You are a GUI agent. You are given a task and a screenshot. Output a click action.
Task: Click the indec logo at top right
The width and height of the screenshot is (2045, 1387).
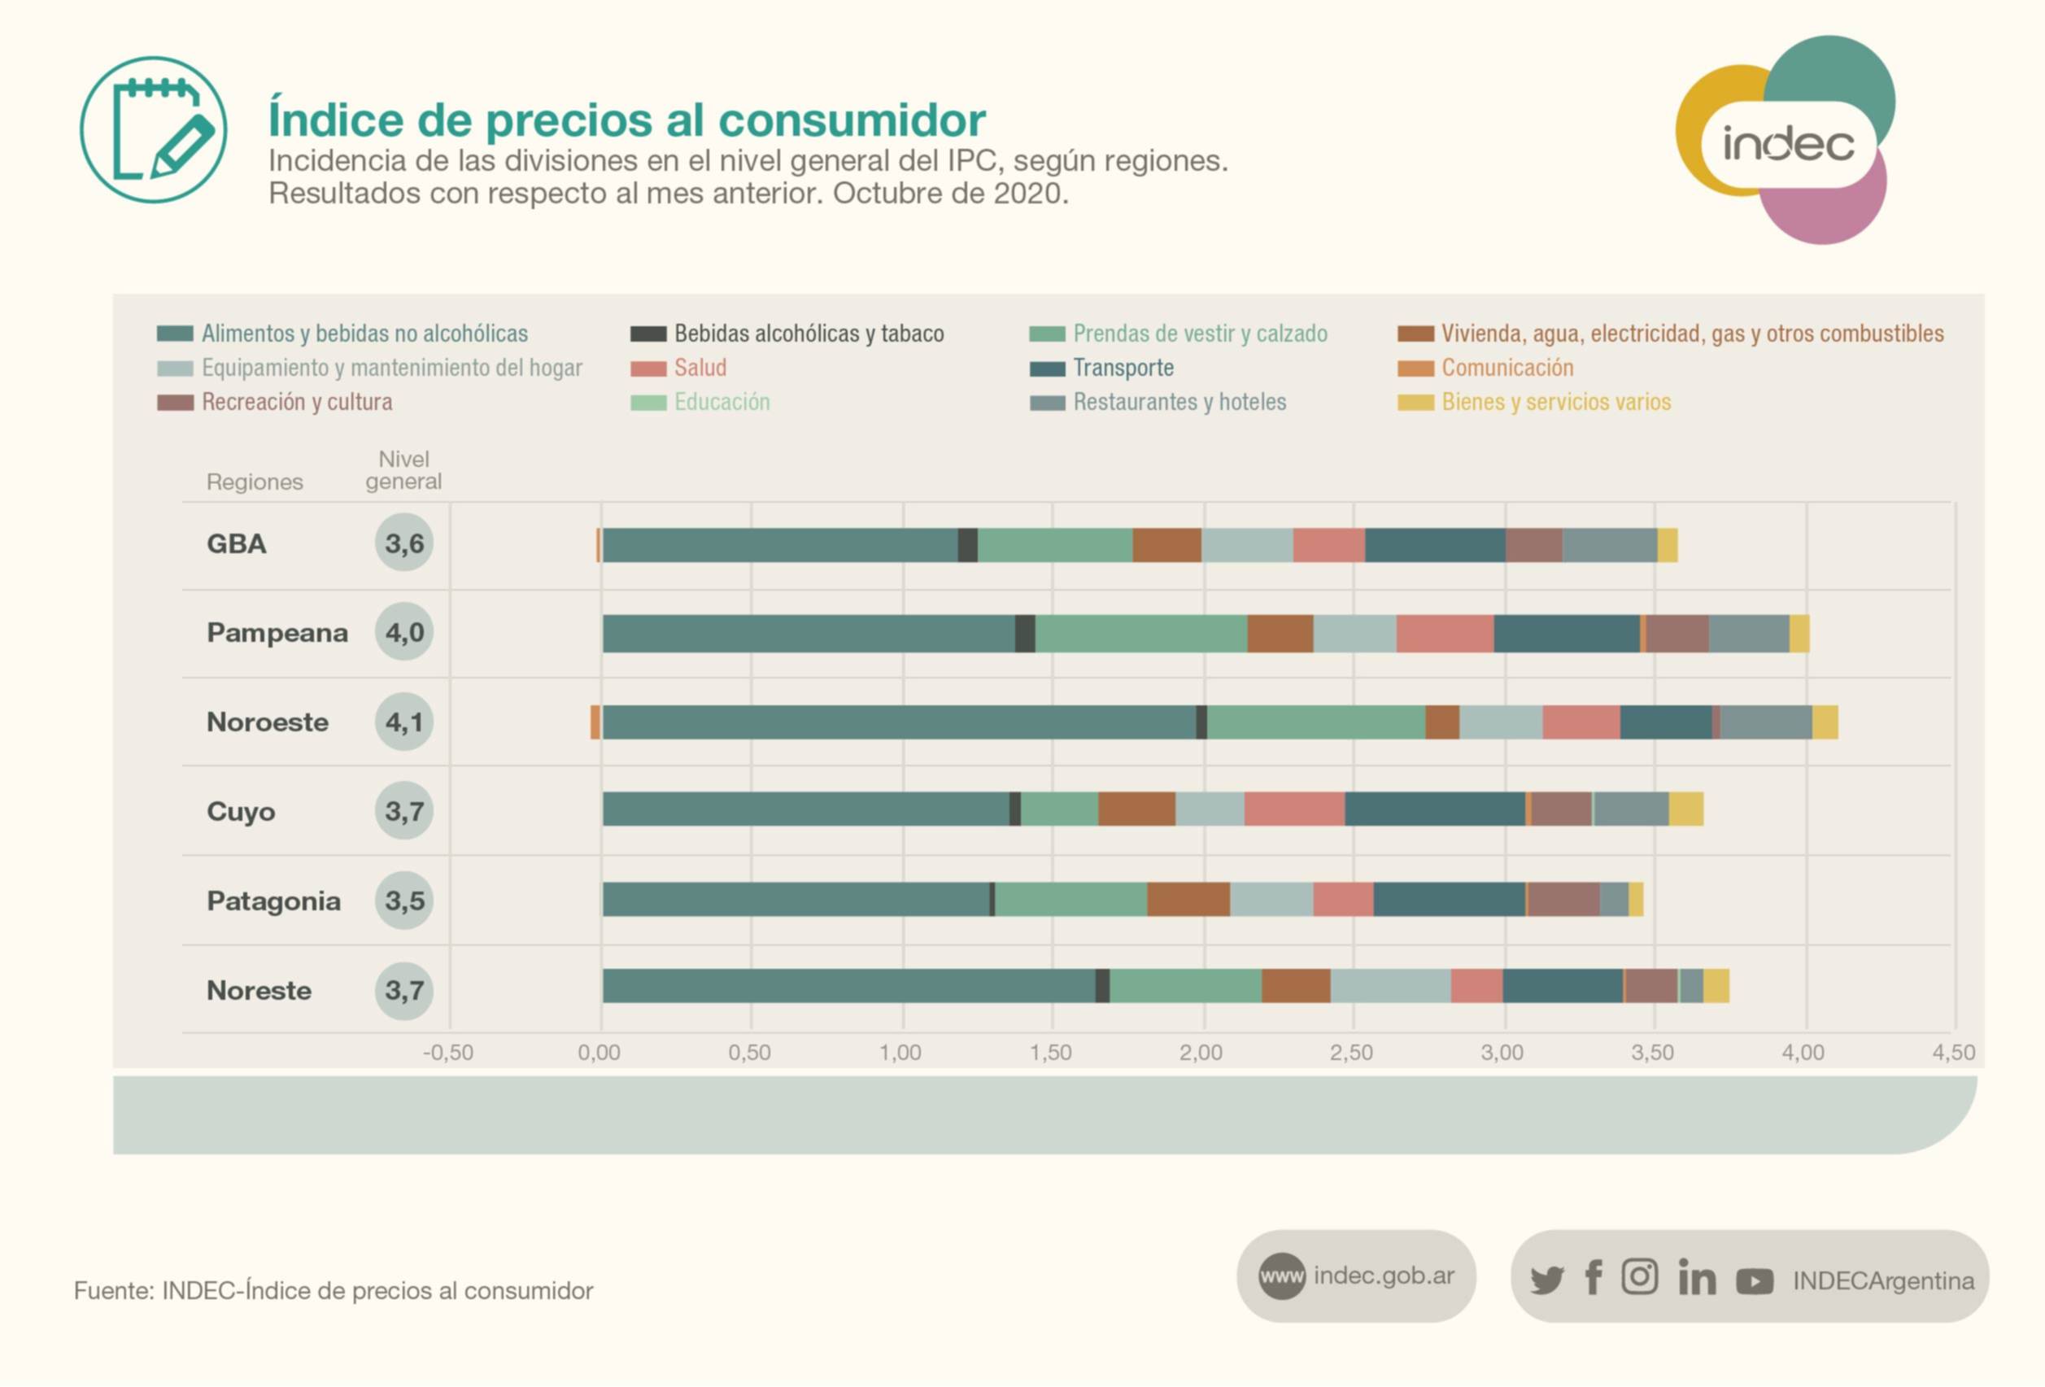[x=1786, y=141]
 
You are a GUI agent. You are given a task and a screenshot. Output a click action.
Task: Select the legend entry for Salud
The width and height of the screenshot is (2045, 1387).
[x=700, y=368]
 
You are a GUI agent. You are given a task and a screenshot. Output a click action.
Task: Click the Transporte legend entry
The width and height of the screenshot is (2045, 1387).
[x=1123, y=368]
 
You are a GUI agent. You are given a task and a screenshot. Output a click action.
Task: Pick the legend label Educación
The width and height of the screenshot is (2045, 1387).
[x=722, y=402]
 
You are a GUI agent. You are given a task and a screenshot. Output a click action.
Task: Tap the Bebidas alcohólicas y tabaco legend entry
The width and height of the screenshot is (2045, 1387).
[x=808, y=334]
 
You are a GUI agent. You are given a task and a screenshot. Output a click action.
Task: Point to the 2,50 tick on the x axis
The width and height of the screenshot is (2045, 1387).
[x=1352, y=1053]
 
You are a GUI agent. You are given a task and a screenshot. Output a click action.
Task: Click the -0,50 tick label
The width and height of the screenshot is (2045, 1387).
[x=448, y=1053]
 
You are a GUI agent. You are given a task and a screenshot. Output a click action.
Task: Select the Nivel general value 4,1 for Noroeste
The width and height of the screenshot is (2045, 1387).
[x=404, y=722]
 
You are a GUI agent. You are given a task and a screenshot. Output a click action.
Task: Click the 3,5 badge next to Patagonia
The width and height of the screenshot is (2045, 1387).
[x=404, y=901]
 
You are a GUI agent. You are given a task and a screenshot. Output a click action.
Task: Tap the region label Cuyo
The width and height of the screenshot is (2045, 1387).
[x=241, y=811]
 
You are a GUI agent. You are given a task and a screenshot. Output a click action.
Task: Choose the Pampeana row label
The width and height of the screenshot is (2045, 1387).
[x=277, y=633]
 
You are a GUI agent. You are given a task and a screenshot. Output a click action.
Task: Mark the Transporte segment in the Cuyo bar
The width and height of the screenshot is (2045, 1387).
[x=1434, y=809]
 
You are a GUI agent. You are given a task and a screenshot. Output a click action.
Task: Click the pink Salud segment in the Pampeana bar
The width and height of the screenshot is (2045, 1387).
[x=1444, y=634]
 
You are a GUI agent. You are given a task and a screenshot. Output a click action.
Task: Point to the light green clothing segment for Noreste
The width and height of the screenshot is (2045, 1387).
[x=1184, y=987]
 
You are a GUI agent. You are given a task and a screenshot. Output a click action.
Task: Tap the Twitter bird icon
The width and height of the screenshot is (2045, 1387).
[x=1546, y=1279]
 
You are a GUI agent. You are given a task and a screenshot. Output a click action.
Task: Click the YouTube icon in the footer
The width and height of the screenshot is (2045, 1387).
[x=1754, y=1280]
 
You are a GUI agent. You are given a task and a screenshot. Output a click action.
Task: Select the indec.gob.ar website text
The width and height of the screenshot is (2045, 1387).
[x=1384, y=1276]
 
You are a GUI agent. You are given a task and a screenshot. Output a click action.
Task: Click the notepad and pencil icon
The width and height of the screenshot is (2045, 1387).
[x=154, y=130]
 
